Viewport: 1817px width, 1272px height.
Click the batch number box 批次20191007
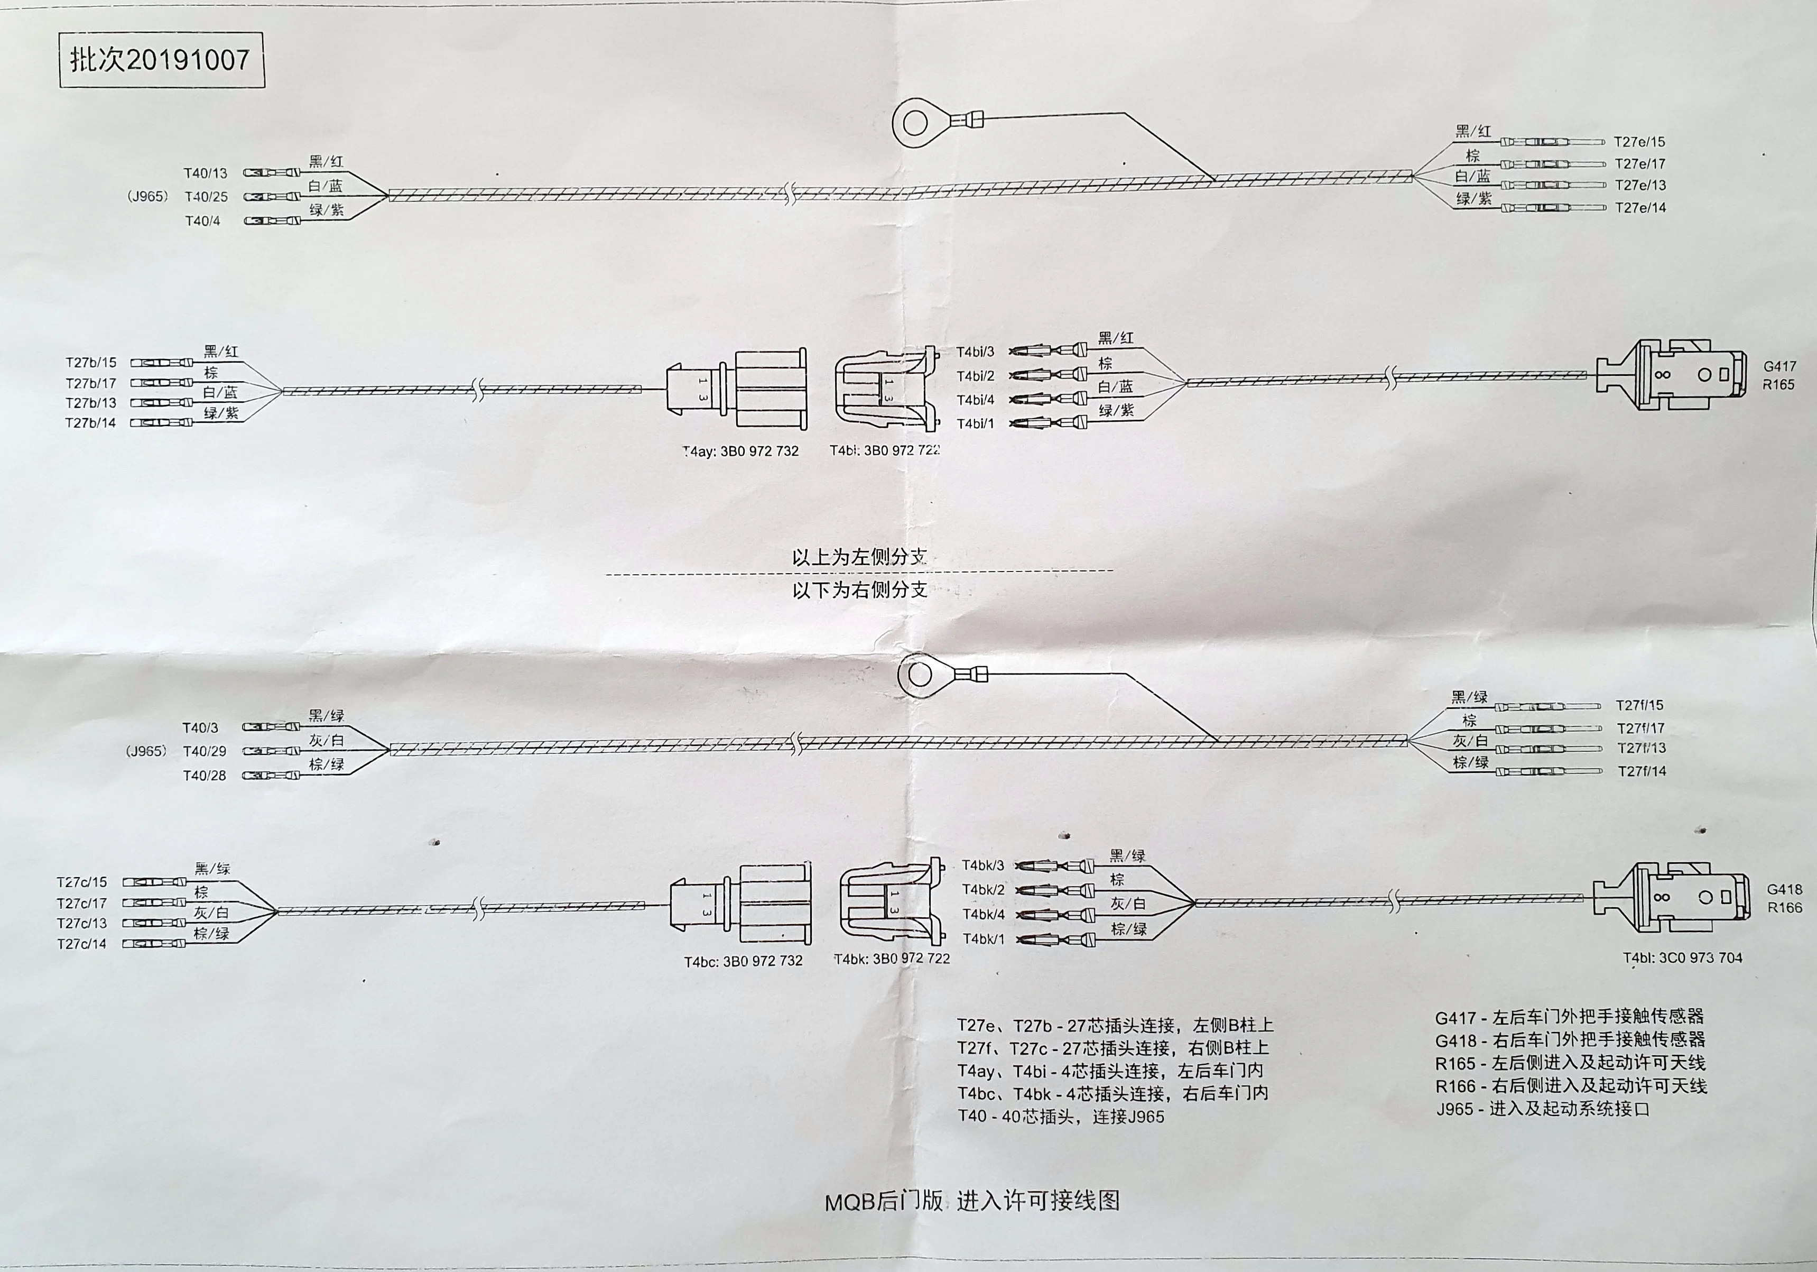(161, 60)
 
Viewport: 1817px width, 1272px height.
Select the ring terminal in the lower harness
(920, 675)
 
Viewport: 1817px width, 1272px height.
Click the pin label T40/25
(206, 196)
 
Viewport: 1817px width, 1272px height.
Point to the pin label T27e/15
(1640, 142)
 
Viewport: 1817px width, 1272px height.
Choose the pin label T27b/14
(90, 423)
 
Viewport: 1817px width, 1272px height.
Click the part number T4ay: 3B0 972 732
(741, 451)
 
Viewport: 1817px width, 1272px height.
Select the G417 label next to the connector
(1779, 366)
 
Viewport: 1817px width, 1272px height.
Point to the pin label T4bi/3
(975, 352)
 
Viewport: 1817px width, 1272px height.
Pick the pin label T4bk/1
(984, 939)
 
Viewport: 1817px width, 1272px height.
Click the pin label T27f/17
(1640, 727)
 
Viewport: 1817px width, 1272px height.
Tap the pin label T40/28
(204, 776)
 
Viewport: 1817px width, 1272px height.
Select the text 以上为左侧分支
(859, 557)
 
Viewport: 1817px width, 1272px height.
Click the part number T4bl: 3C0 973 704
(1682, 958)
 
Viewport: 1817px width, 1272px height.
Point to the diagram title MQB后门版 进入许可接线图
(972, 1201)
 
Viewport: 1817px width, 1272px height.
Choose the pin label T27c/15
(81, 882)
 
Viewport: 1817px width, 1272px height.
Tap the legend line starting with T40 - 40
(1060, 1117)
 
